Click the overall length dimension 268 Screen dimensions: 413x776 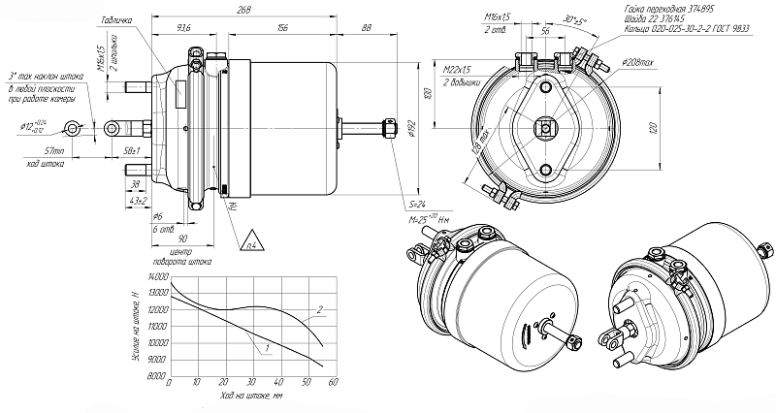coord(250,10)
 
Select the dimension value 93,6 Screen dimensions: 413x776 coord(185,27)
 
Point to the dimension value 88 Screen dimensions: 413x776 coord(365,27)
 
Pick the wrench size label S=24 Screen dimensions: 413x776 coord(419,205)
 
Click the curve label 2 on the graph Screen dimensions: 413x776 coord(318,311)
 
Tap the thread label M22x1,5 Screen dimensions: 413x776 coord(456,71)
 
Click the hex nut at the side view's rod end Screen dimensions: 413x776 coord(390,128)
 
